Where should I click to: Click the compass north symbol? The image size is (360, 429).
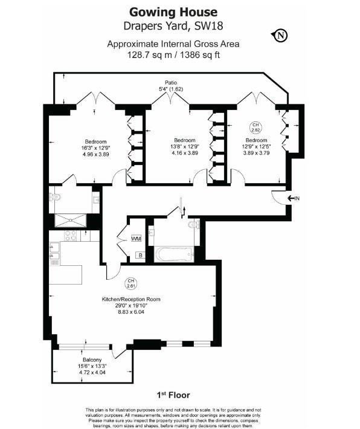click(280, 35)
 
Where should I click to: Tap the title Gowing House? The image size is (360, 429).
click(173, 12)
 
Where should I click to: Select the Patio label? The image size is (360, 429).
click(171, 82)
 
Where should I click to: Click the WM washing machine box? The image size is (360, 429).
click(137, 239)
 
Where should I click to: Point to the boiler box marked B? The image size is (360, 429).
click(141, 255)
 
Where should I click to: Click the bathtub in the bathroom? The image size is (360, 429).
click(175, 255)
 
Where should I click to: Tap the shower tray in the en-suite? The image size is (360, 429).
click(71, 221)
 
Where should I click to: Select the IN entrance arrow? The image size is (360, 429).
click(293, 198)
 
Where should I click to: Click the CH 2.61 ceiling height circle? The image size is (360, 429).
click(130, 284)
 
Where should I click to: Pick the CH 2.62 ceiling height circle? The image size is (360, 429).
click(256, 127)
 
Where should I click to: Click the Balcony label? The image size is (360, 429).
click(92, 360)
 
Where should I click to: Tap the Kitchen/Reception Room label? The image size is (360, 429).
click(131, 299)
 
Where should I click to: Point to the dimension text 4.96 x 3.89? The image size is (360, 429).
click(96, 154)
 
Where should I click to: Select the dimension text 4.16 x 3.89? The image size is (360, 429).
click(185, 153)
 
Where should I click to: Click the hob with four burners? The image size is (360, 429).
click(71, 236)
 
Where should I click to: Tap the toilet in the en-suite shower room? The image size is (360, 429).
click(55, 197)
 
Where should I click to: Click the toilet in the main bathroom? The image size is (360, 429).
click(194, 225)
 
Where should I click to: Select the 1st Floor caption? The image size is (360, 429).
click(173, 395)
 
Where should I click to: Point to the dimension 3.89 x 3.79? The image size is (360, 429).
click(256, 153)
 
